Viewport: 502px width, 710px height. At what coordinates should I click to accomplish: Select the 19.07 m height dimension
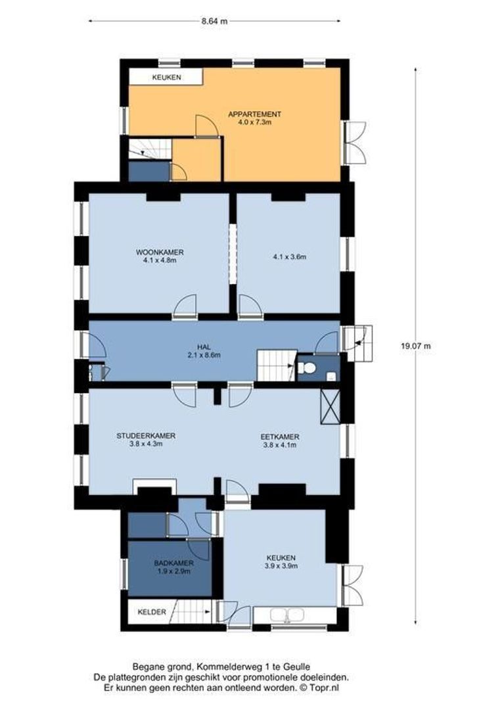point(415,346)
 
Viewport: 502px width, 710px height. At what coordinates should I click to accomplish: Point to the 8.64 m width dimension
point(214,21)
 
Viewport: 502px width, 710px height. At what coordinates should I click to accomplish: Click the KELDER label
point(152,612)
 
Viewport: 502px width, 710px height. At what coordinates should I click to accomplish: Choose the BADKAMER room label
point(174,563)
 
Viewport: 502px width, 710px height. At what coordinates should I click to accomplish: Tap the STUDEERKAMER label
point(147,436)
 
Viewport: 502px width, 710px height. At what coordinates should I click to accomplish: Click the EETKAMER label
point(280,437)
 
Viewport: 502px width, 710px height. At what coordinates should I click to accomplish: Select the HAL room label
point(204,347)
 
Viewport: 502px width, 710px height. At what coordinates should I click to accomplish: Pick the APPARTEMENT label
point(254,114)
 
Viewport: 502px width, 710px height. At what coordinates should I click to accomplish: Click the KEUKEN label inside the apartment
point(167,78)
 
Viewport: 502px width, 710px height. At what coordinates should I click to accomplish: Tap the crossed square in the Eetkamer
point(330,406)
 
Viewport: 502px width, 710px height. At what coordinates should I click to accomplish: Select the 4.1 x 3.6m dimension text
point(290,257)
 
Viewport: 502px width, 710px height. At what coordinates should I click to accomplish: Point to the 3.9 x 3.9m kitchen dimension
point(281,566)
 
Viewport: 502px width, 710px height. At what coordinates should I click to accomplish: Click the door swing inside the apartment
point(206,126)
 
